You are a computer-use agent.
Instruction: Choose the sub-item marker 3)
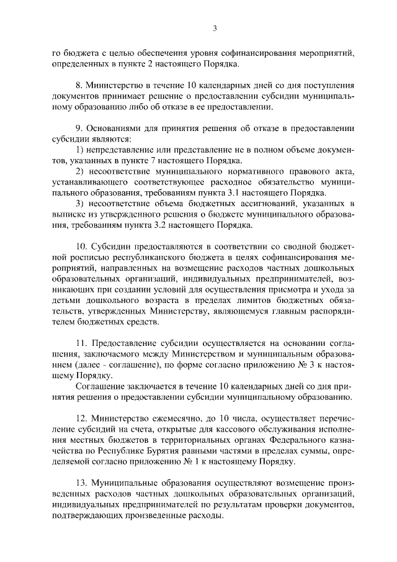pyautogui.click(x=79, y=204)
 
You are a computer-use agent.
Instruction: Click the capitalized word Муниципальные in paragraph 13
pyautogui.click(x=127, y=484)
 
